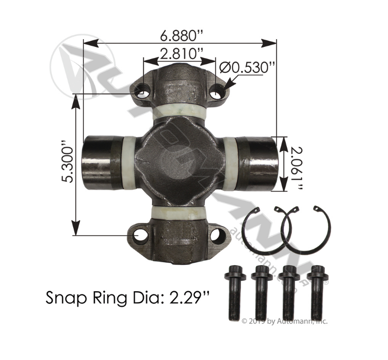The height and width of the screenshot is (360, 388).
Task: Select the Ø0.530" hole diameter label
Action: point(244,67)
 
